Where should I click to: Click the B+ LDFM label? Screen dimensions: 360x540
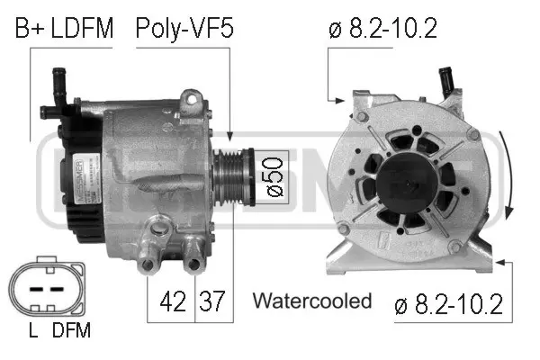[x=63, y=29]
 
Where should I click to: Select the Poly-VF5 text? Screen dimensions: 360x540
[x=184, y=29]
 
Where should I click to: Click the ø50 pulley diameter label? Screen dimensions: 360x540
[x=272, y=178]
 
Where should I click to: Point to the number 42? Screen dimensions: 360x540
[x=166, y=300]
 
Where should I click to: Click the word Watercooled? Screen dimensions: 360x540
[x=311, y=300]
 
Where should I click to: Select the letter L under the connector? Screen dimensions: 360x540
[x=32, y=330]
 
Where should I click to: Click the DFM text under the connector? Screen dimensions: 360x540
[x=72, y=330]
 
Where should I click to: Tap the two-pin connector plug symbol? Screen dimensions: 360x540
[x=46, y=289]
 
